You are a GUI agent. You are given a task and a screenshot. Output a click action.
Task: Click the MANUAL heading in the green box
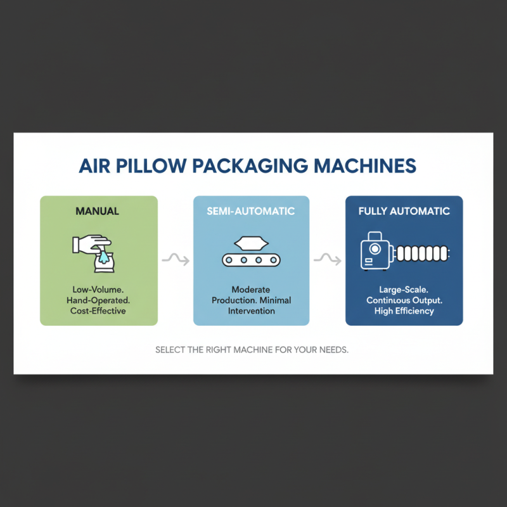[98, 211]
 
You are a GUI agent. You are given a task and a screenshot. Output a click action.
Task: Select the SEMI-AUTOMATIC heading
[251, 211]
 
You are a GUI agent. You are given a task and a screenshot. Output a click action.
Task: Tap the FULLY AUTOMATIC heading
[404, 211]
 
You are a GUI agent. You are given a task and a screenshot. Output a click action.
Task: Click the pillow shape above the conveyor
[251, 243]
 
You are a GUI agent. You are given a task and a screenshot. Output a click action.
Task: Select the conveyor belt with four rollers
[251, 260]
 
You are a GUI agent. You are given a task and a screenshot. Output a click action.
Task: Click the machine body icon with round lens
[376, 252]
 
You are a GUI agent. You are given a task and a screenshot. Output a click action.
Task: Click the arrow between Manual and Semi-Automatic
[175, 260]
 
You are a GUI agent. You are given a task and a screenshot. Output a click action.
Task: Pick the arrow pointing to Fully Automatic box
[327, 260]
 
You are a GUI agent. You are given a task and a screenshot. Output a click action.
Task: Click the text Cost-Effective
[99, 311]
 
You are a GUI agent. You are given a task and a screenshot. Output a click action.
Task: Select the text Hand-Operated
[99, 300]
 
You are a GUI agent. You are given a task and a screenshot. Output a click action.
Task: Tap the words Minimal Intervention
[252, 305]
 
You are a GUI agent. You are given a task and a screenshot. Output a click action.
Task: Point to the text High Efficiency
[404, 311]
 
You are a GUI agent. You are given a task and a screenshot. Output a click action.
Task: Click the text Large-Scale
[404, 290]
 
